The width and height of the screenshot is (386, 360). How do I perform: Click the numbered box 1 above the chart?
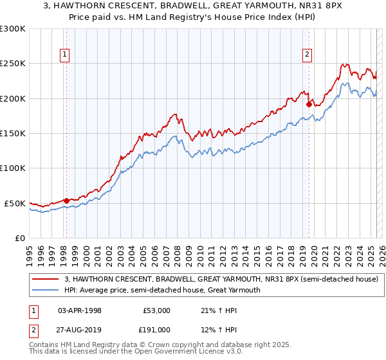pos(66,55)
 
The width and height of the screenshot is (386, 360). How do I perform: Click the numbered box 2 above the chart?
pos(308,55)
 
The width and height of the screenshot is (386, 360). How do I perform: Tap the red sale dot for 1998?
pos(66,200)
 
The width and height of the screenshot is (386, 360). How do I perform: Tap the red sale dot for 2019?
pos(309,104)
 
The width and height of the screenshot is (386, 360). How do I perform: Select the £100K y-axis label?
pos(14,168)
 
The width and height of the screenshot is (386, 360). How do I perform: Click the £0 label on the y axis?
pos(19,238)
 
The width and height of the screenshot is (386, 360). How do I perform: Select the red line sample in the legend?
pos(45,279)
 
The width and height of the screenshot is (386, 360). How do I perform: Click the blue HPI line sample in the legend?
pos(45,290)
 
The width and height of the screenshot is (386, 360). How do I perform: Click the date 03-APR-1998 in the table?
pos(80,310)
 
